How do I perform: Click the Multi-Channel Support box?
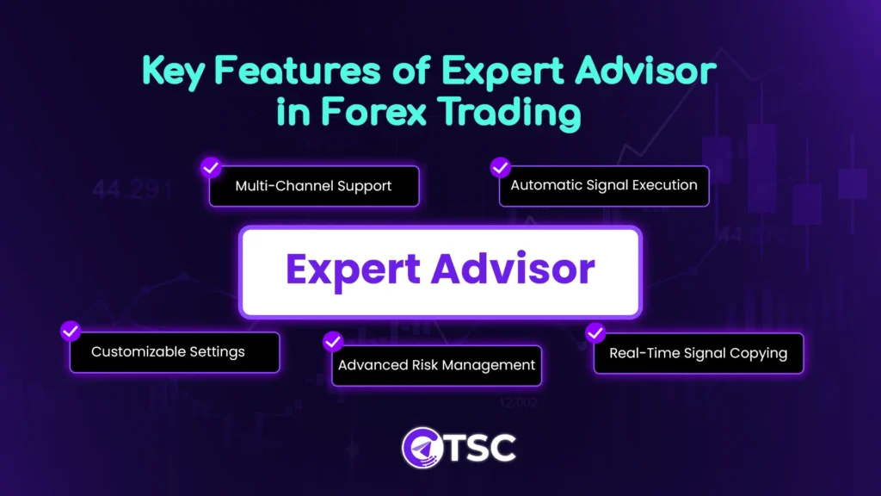coord(313,186)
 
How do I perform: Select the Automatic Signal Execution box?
coord(604,185)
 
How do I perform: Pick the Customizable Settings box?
coord(175,352)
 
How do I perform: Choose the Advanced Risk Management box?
coord(437,365)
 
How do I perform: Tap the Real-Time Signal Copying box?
coord(698,353)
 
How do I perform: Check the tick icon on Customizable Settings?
coord(71,332)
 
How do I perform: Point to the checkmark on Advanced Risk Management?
coord(333,343)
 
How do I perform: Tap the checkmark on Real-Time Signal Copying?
coord(595,332)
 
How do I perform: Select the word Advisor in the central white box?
coord(514,270)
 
